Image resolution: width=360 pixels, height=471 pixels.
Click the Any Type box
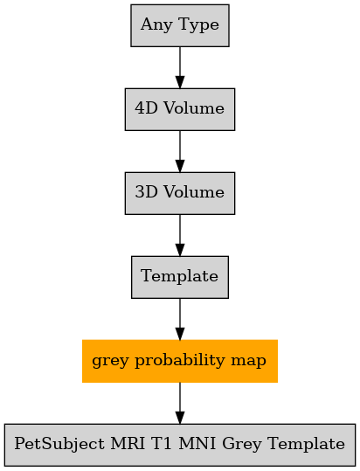coord(180,25)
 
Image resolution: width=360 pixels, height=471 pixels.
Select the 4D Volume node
coord(180,109)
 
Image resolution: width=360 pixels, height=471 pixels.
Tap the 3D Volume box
coord(180,193)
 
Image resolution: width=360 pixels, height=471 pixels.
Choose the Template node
coord(180,277)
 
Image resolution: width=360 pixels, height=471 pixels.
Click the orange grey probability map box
coord(180,361)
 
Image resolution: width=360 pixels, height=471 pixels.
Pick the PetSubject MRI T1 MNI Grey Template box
coord(180,445)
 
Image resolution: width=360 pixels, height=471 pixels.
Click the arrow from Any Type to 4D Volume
coord(180,67)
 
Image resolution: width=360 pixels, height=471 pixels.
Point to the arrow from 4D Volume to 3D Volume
coord(180,151)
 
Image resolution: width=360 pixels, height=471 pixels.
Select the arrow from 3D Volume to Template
coord(180,235)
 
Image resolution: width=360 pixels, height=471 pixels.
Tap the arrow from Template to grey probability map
coord(180,319)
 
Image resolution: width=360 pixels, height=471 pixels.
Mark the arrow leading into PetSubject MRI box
coord(180,403)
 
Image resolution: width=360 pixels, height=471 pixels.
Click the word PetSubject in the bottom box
coord(59,444)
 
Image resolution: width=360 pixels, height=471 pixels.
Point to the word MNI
coord(197,444)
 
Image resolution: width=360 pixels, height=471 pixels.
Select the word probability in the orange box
coord(179,361)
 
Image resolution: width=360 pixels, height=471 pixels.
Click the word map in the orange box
coord(248,362)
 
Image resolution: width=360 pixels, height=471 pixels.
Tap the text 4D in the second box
coord(146,108)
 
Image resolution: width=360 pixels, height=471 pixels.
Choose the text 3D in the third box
coord(146,192)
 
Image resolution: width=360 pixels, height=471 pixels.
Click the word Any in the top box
coord(156,25)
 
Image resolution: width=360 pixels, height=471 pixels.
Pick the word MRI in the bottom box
coord(128,444)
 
